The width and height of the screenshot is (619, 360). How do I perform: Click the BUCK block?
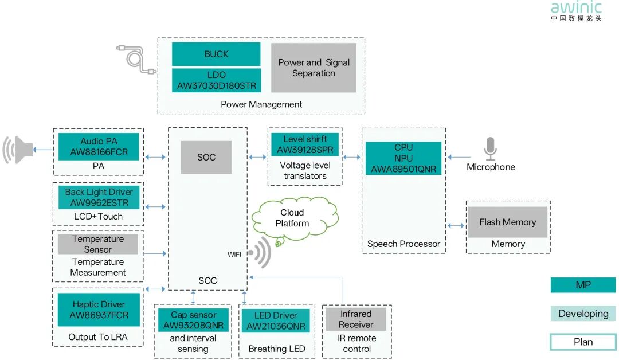point(216,54)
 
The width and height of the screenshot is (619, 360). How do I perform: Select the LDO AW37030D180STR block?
point(216,81)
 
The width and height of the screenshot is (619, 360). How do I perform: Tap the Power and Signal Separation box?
point(314,68)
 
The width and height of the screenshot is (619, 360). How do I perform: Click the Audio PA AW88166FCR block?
point(99,147)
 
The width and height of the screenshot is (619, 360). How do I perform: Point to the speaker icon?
point(18,150)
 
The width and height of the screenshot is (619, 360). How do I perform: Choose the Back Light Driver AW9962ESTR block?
point(99,198)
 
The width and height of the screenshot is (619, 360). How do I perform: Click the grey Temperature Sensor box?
point(98,244)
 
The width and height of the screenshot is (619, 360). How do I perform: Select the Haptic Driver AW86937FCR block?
point(99,310)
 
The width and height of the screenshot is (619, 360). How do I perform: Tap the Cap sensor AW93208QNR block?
point(193,320)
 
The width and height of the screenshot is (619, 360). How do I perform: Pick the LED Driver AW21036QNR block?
point(276,321)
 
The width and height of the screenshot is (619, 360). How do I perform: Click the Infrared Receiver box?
point(356,319)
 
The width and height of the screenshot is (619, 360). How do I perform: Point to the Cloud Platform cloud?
point(293,219)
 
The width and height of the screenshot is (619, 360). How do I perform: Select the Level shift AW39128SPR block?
point(305,144)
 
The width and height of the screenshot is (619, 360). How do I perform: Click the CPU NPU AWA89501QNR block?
point(403,158)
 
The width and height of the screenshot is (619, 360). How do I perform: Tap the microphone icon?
point(490,149)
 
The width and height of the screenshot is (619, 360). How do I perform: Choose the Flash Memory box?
point(508,222)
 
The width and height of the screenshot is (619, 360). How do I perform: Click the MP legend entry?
point(583,285)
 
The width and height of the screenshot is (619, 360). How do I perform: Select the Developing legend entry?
point(583,314)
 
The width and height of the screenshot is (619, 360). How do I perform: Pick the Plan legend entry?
point(583,342)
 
